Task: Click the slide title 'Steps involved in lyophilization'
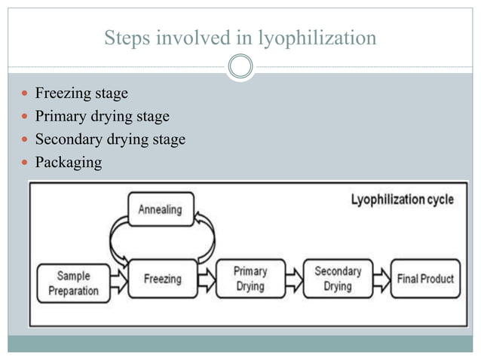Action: [240, 38]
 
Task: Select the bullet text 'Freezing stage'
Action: [81, 94]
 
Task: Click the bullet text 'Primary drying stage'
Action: [102, 117]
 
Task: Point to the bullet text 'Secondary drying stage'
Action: [110, 139]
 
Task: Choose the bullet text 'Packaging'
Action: [68, 162]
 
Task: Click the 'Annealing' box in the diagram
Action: [161, 210]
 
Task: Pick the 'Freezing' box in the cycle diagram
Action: [162, 279]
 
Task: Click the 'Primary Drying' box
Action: [250, 279]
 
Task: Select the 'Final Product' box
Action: [426, 279]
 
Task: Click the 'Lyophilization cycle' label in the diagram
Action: [402, 200]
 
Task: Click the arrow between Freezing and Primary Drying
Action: [207, 279]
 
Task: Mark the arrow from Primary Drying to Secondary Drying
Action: [295, 279]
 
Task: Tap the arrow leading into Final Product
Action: [382, 279]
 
